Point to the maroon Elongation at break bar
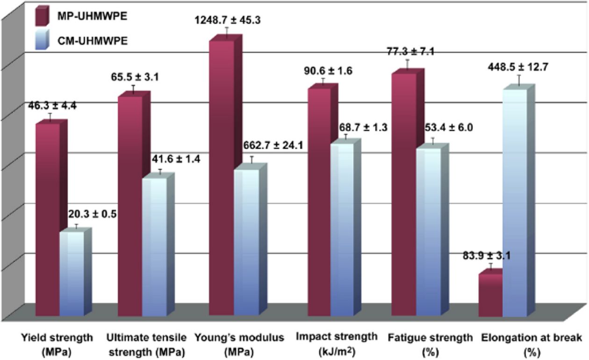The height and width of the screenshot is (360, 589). [490, 295]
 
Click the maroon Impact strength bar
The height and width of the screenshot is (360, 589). [319, 201]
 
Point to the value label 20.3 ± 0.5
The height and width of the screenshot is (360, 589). [92, 215]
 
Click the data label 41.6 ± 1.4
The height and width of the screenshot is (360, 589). [175, 159]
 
